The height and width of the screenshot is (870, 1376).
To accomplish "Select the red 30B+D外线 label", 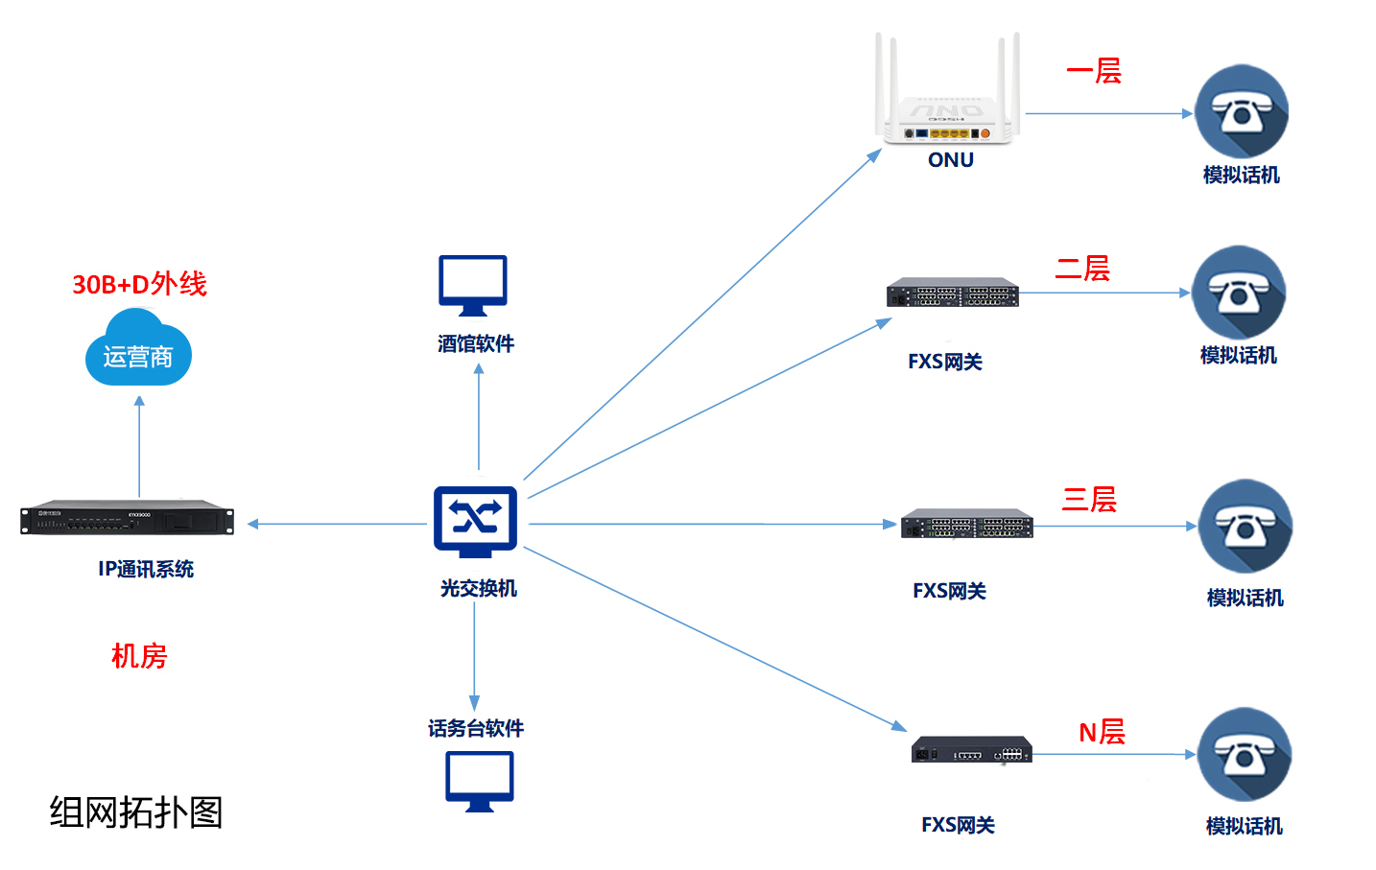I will point(139,284).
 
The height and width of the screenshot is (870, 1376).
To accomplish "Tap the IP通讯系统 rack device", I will point(127,518).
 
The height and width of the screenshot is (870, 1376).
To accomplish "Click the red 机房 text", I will point(139,656).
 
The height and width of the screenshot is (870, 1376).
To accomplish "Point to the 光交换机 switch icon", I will point(475,522).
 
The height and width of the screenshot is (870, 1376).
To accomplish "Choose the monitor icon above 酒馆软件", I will point(473,285).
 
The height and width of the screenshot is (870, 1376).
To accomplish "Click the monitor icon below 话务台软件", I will point(479,781).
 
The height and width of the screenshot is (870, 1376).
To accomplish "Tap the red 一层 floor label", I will point(1094,71).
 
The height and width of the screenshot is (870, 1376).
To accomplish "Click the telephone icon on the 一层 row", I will point(1241,112).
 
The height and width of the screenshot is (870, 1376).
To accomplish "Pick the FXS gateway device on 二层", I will point(952,293).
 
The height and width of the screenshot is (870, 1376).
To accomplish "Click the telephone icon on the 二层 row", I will point(1238,293).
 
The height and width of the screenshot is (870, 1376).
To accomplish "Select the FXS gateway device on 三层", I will point(966,524).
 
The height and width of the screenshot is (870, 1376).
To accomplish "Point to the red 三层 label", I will point(1089,500).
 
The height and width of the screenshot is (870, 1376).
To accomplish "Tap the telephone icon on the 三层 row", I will point(1245,527).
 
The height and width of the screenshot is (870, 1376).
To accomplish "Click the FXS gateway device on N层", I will point(971,750).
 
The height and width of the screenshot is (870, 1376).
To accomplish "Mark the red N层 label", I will point(1102,732).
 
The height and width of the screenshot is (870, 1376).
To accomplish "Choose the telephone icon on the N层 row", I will point(1244,755).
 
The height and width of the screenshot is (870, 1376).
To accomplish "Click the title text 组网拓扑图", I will point(136,812).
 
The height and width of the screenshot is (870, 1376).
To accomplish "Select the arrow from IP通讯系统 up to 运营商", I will point(139,446).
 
